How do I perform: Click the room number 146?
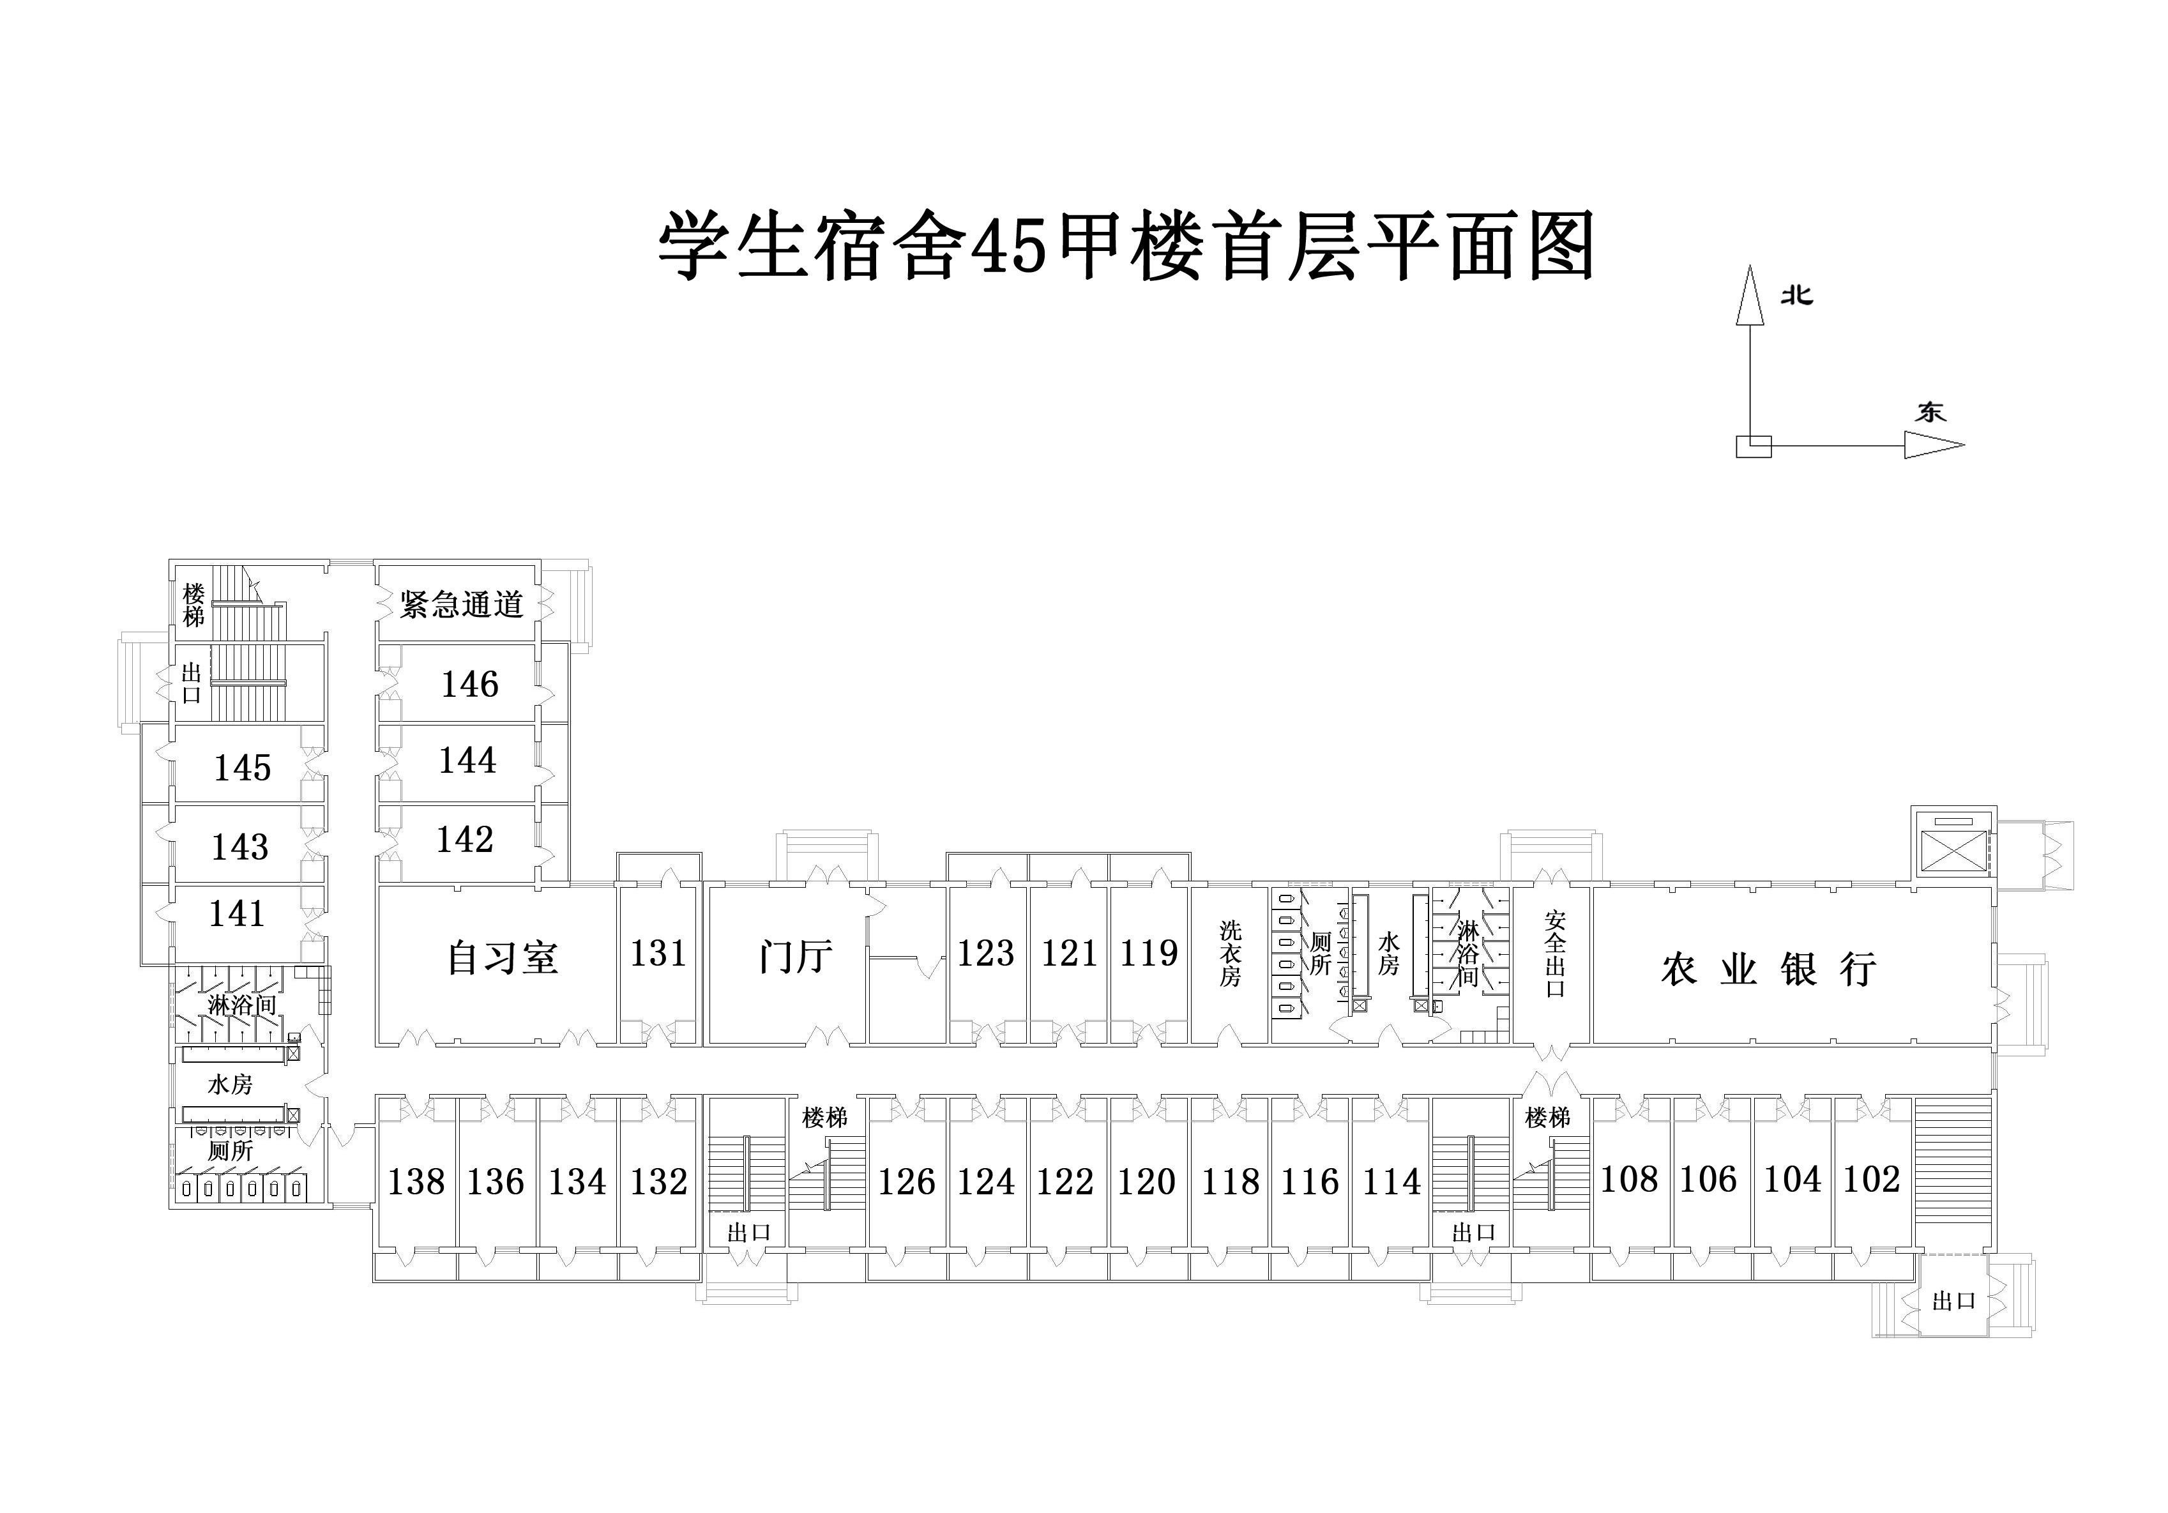(x=469, y=684)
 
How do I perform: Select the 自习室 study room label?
(x=503, y=957)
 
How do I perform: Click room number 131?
(x=658, y=953)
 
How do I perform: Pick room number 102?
(x=1872, y=1179)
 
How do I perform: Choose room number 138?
(x=416, y=1182)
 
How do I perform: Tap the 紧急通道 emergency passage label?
(x=461, y=604)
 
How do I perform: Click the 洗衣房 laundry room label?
(x=1229, y=954)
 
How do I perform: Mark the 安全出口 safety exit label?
(x=1555, y=954)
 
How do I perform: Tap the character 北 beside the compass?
(x=1797, y=296)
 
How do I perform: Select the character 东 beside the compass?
(x=1930, y=412)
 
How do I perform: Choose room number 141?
(x=236, y=913)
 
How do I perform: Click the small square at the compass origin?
(x=1754, y=446)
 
